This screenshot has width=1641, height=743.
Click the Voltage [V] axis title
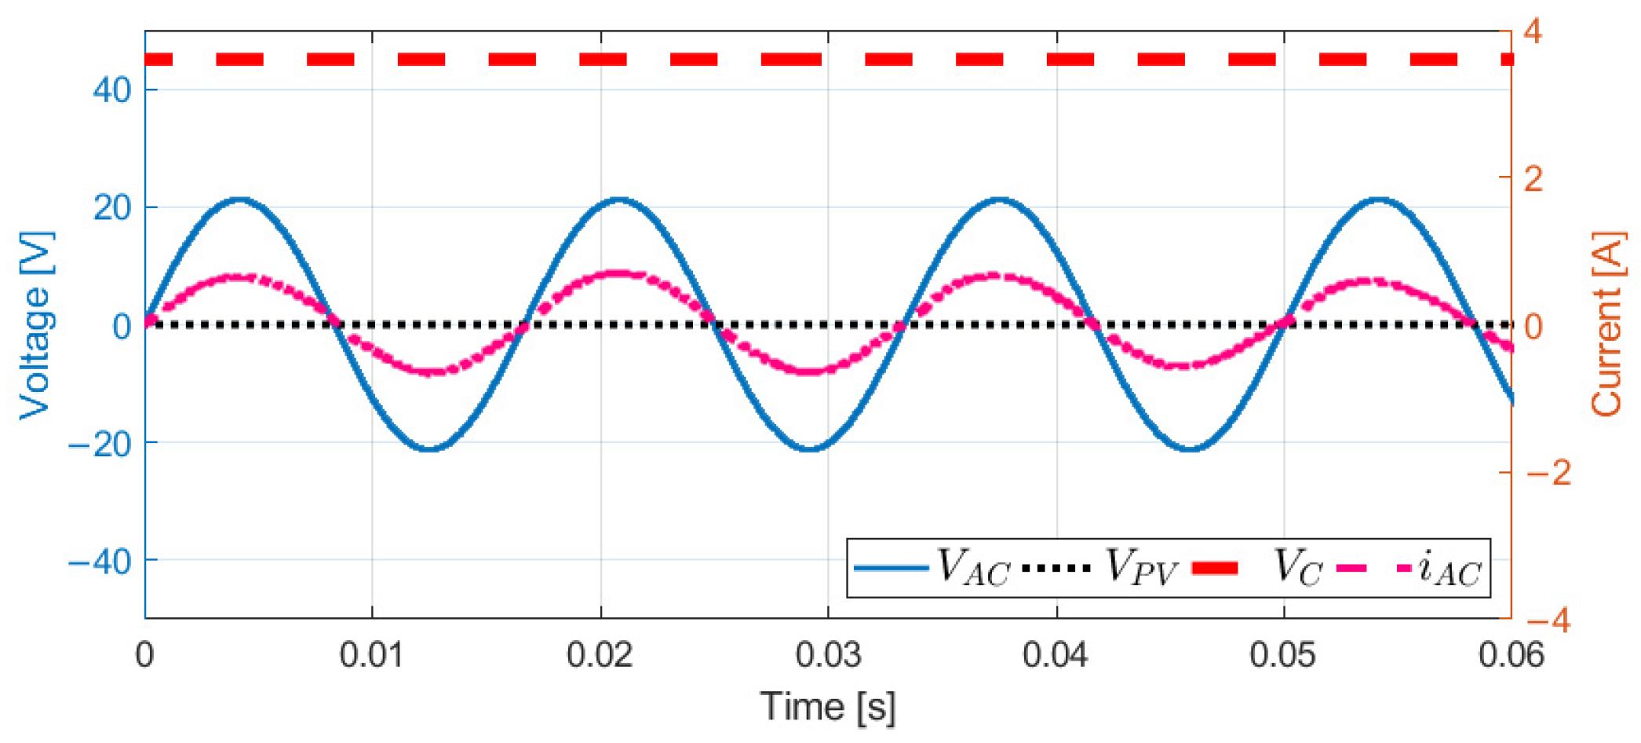36,325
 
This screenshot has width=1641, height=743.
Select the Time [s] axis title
827,706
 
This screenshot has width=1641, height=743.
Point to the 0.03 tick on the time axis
828,654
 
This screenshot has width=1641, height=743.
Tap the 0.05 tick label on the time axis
1283,654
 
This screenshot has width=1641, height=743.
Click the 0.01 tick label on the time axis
371,654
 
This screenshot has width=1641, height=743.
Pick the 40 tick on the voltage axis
111,90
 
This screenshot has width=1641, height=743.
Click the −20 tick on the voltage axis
100,444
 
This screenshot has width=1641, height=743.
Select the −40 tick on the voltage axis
100,562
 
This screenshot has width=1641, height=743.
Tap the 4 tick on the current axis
1533,32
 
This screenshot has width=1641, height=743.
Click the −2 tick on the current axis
1547,473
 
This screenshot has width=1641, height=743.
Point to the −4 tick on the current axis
1547,620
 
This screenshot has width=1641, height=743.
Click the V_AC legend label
973,568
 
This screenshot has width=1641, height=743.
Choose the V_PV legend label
1142,568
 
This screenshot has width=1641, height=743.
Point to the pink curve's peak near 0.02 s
618,274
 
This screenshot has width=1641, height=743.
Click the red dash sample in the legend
1214,568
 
